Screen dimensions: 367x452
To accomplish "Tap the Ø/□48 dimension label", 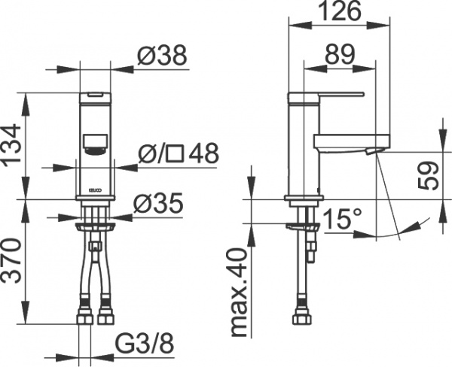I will (x=179, y=154).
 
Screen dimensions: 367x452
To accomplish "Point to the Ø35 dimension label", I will (x=159, y=202).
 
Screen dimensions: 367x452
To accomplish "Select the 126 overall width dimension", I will (x=341, y=11).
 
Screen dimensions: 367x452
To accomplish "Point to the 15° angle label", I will (x=344, y=220).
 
